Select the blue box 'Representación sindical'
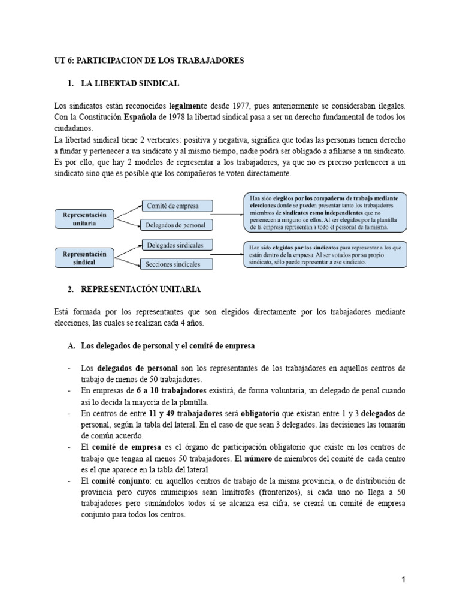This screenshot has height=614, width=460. pos(85,258)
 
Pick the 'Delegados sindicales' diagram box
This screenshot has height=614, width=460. pos(174,245)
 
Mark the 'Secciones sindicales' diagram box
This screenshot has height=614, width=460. pos(174,264)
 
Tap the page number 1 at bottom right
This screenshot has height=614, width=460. pos(404,580)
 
